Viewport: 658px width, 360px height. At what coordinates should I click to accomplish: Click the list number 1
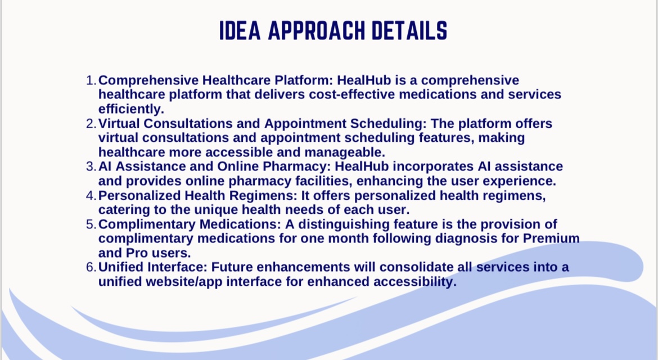click(91, 80)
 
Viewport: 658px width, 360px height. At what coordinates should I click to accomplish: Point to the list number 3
click(91, 166)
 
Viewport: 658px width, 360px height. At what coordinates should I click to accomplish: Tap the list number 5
click(91, 224)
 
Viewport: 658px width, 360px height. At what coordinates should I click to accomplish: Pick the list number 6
click(91, 267)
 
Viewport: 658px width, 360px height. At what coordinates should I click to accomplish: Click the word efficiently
click(132, 109)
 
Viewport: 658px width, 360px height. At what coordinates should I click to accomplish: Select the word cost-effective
click(352, 94)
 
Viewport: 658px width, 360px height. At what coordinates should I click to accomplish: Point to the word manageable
click(345, 152)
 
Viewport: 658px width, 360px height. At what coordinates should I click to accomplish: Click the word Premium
click(551, 238)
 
